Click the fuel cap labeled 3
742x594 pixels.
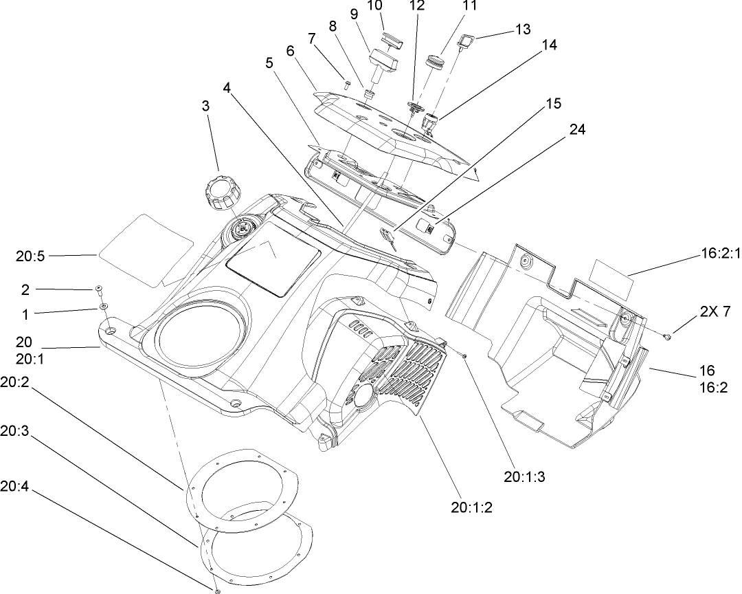(x=218, y=192)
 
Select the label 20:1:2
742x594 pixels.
(x=472, y=508)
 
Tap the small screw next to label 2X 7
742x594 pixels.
(x=667, y=335)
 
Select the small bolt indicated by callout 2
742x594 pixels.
(x=99, y=289)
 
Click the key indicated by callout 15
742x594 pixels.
(x=390, y=239)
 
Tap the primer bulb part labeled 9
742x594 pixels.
(x=385, y=63)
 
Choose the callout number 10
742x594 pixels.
(x=374, y=6)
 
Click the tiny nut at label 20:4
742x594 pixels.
(x=217, y=590)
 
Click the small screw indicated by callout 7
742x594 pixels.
(x=348, y=85)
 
